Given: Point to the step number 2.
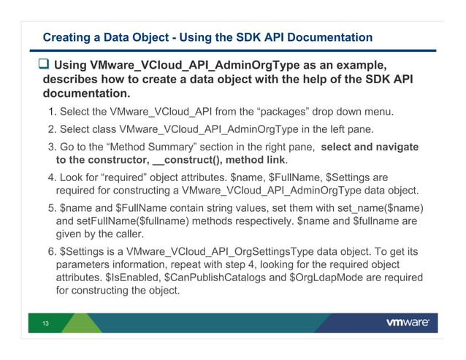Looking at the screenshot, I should point(52,129).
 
